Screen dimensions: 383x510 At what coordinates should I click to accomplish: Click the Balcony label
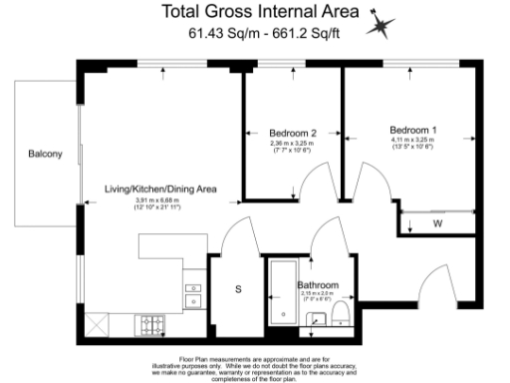[45, 154]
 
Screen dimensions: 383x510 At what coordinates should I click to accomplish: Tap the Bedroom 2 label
[293, 133]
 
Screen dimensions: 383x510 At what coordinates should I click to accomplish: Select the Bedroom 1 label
[412, 131]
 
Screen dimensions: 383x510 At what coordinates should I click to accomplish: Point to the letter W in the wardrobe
[437, 223]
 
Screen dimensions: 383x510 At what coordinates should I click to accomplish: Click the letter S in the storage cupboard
[238, 290]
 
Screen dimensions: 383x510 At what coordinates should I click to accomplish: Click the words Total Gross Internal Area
[262, 12]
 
